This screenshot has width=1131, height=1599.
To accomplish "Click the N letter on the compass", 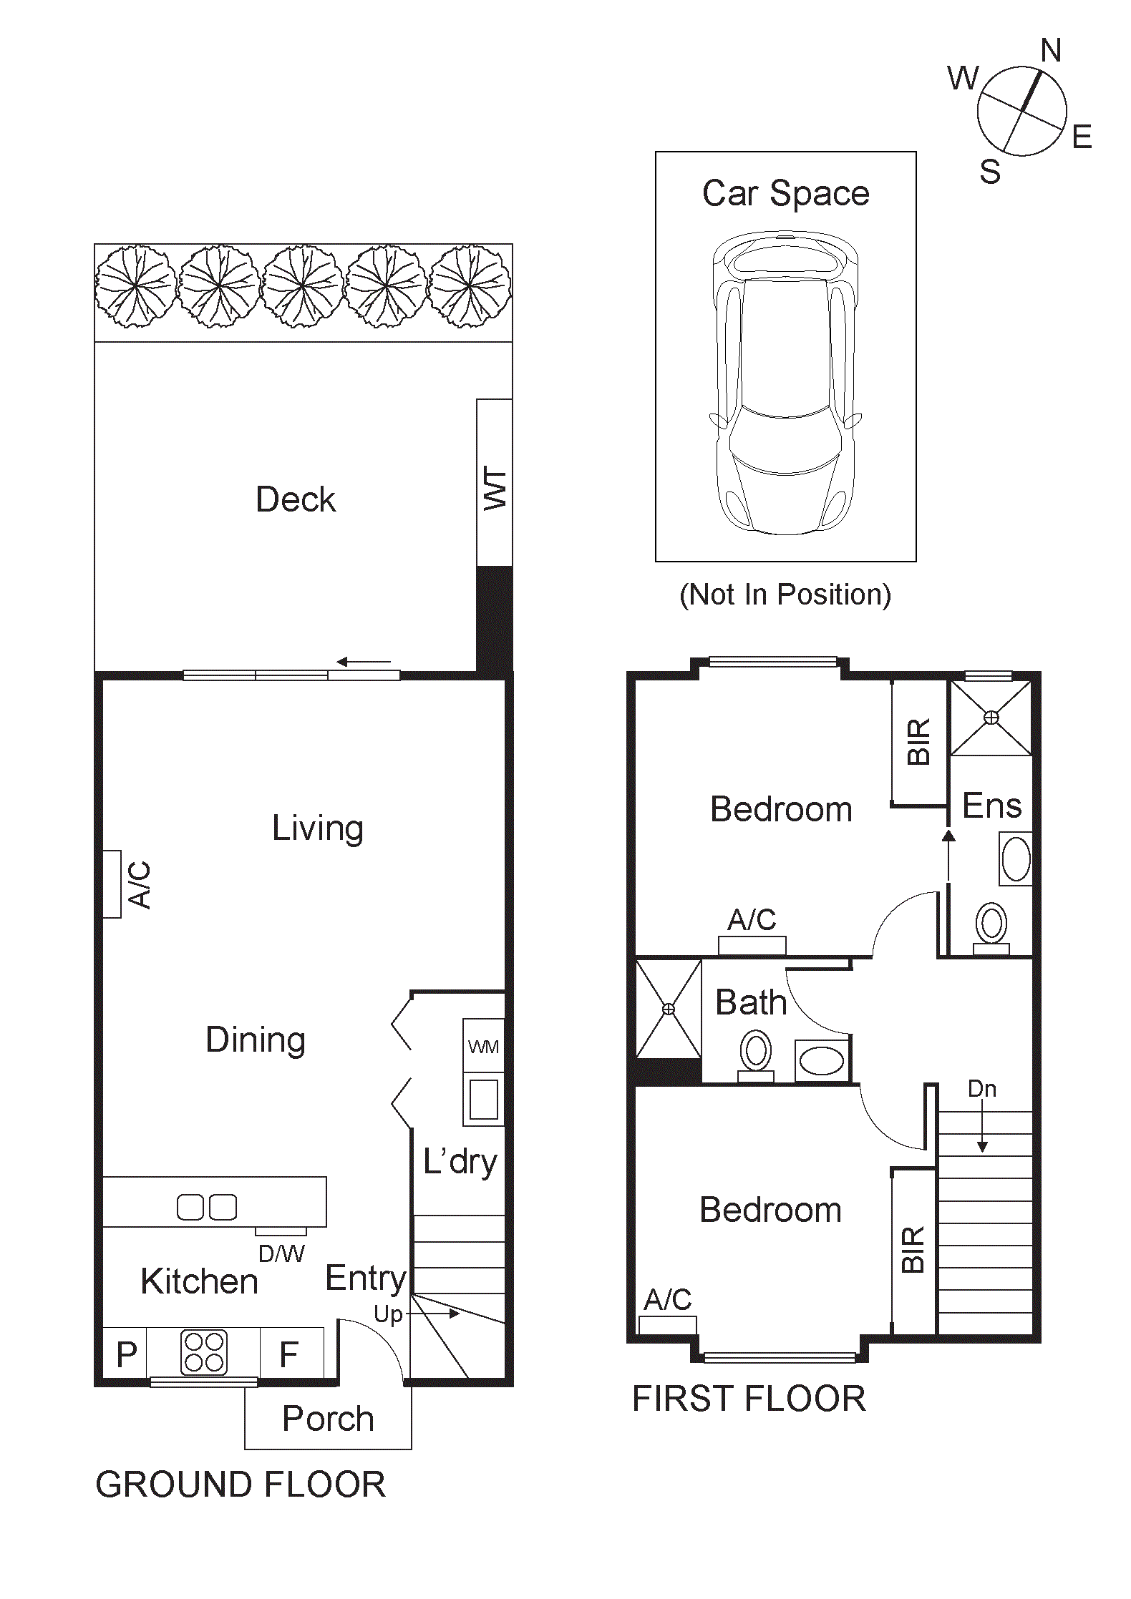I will click(1050, 51).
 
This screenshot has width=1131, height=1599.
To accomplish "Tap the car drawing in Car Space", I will click(785, 383).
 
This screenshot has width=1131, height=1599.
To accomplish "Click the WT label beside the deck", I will click(495, 489).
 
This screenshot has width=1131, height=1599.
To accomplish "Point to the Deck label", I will click(296, 499).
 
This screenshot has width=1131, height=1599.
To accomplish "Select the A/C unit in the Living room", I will click(112, 884).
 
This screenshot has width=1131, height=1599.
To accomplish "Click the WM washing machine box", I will click(483, 1047).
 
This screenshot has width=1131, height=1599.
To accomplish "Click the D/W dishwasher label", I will click(281, 1253).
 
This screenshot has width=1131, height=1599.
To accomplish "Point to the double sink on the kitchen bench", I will click(207, 1207).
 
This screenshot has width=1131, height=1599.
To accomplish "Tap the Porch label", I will click(328, 1419).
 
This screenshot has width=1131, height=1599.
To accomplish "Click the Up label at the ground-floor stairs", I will click(389, 1314).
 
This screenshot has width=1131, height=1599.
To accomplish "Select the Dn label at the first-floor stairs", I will click(981, 1089).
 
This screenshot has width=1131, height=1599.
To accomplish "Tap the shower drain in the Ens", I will click(991, 717).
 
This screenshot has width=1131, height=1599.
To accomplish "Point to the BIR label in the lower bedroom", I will click(913, 1250).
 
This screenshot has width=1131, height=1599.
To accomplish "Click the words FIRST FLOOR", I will click(749, 1399).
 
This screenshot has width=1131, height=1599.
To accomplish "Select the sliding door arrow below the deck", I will click(364, 662).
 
